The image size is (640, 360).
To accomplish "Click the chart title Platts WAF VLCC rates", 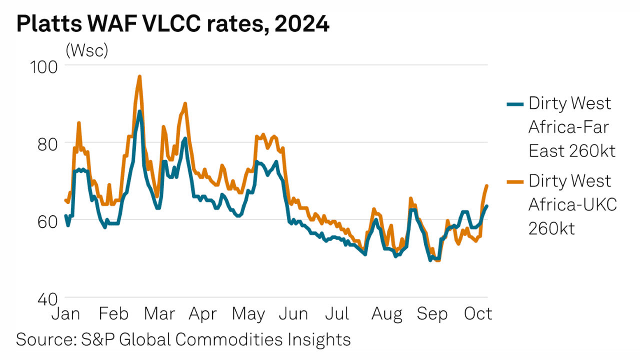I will [x=172, y=24].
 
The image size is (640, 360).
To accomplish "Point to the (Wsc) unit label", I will [x=87, y=51].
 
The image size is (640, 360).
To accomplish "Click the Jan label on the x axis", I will [x=66, y=314].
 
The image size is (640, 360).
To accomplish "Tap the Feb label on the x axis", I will [x=114, y=314].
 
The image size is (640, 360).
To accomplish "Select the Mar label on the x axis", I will [x=159, y=314].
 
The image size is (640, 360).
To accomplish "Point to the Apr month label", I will [x=202, y=314].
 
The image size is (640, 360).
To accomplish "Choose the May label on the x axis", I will [x=248, y=314].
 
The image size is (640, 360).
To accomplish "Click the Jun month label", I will [x=293, y=314].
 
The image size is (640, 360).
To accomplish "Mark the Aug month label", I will [x=387, y=314].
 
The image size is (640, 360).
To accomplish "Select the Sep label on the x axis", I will [x=432, y=314].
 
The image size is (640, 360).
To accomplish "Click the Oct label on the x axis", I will [x=478, y=314].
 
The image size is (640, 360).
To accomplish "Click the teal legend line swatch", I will [x=515, y=104].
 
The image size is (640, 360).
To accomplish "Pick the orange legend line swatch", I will [x=515, y=181].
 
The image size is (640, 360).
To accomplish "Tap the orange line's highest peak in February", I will [x=139, y=76].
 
